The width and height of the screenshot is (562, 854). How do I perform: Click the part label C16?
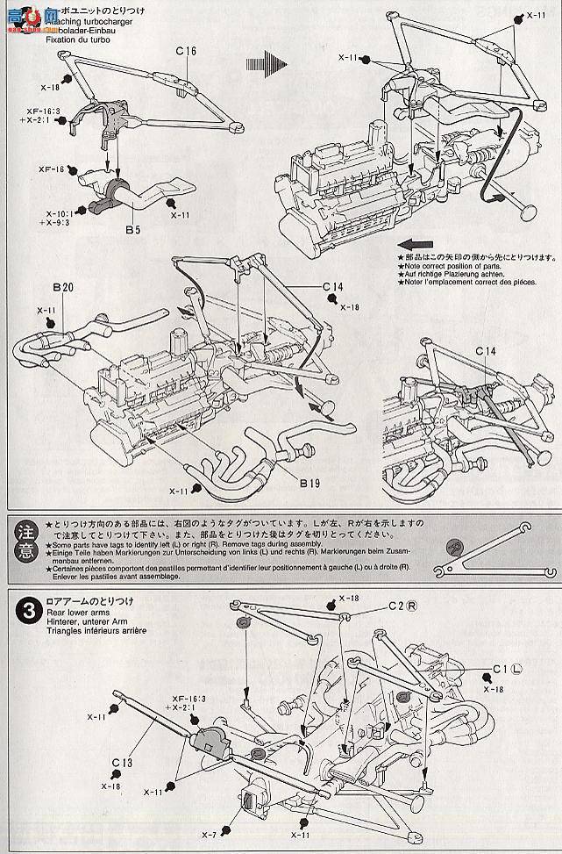(185, 52)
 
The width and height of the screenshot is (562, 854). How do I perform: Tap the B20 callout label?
(62, 287)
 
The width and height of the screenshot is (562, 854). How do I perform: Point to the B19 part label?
(311, 482)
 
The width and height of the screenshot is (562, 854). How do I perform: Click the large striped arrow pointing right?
(267, 63)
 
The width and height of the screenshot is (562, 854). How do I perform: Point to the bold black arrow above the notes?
(417, 245)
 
